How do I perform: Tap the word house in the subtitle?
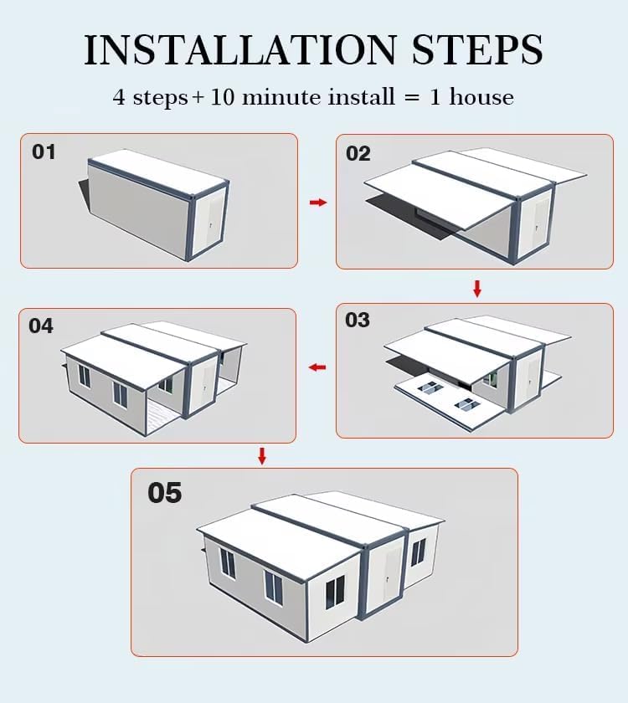pos(481,97)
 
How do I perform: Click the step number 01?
pos(44,152)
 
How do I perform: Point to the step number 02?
pos(358,154)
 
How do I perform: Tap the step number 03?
pos(358,321)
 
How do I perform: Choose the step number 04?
pos(41,326)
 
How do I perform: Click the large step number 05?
pos(164,493)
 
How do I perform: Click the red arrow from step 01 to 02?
pos(317,203)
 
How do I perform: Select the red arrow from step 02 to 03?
pos(477,289)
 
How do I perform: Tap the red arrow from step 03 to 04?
pos(317,367)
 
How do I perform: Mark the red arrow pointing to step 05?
pos(262,456)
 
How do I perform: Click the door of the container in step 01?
pos(214,223)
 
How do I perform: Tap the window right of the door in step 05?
pos(418,552)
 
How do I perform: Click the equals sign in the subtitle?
pos(410,98)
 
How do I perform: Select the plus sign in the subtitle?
pos(198,98)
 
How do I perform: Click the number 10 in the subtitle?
pos(222,97)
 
